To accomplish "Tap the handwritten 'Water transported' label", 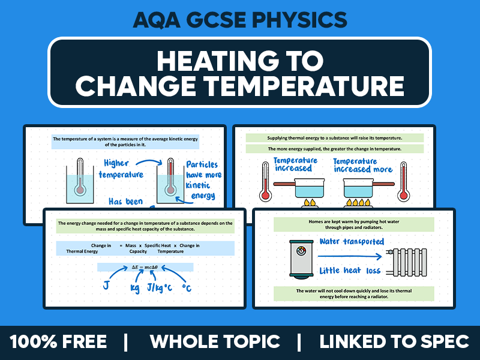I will point(352,241).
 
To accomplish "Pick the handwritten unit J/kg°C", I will point(154,289).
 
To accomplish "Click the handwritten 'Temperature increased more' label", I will point(363,165).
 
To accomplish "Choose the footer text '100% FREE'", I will point(58,342).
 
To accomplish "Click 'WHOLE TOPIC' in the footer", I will point(215,342).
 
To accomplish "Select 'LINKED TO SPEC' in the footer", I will point(394,342).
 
